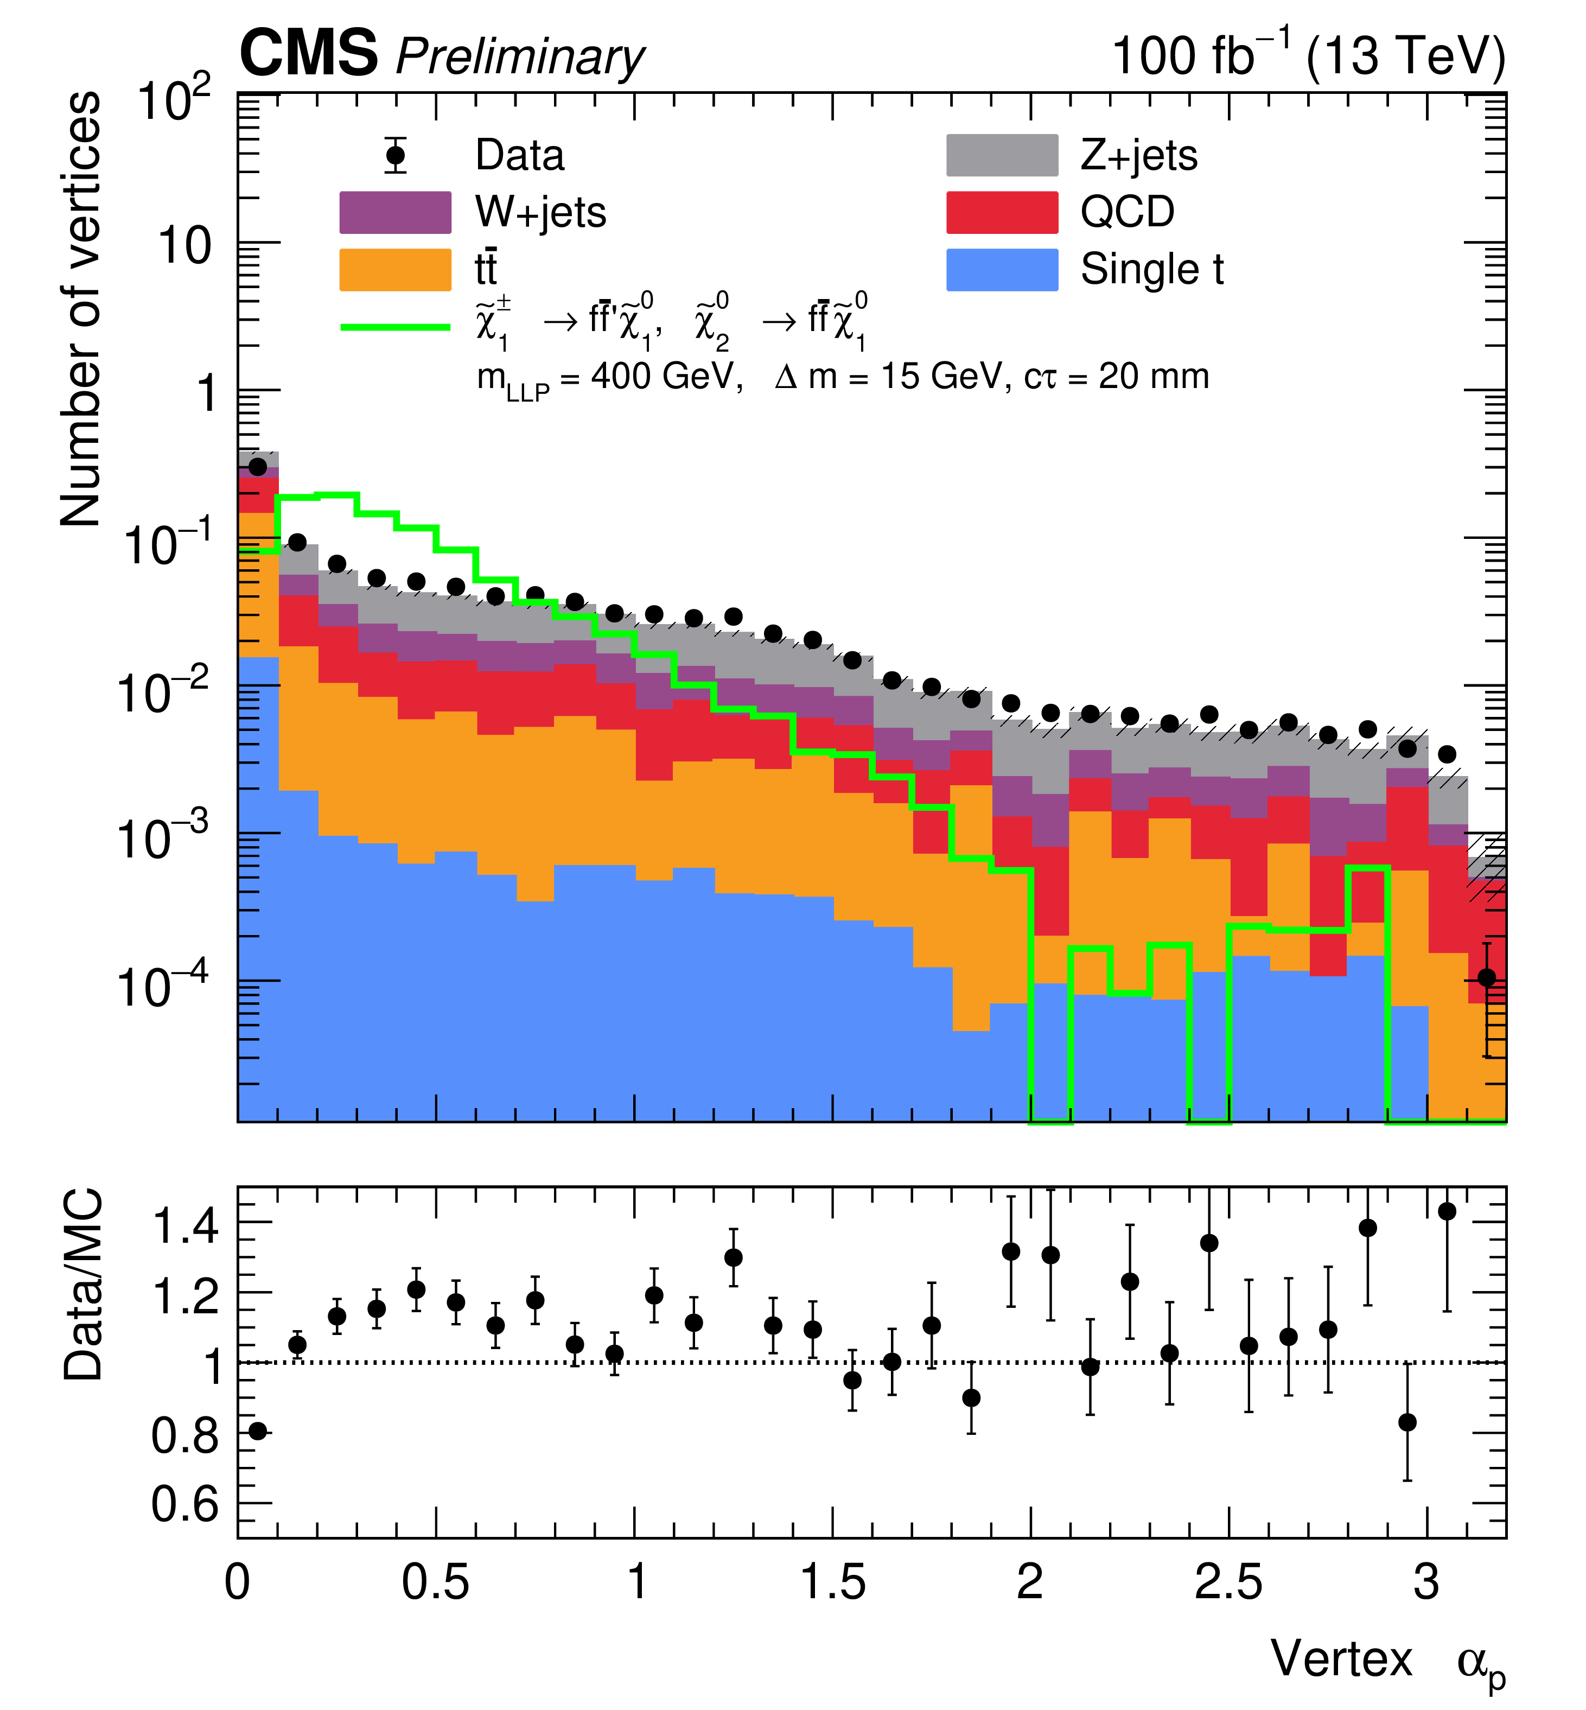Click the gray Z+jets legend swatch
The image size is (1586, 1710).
[x=1002, y=155]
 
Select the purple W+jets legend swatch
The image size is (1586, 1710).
[x=395, y=212]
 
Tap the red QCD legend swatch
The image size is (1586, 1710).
[x=1002, y=212]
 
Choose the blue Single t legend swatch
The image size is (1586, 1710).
[x=1002, y=270]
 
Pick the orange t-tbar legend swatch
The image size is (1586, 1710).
[x=395, y=270]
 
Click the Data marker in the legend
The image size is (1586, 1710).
[x=396, y=155]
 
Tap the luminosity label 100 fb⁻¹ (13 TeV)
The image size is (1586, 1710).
[x=1307, y=56]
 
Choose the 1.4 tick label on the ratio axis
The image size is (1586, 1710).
[x=184, y=1225]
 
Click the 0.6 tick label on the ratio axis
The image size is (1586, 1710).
[x=184, y=1503]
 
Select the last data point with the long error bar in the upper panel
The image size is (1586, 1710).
[x=1487, y=978]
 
